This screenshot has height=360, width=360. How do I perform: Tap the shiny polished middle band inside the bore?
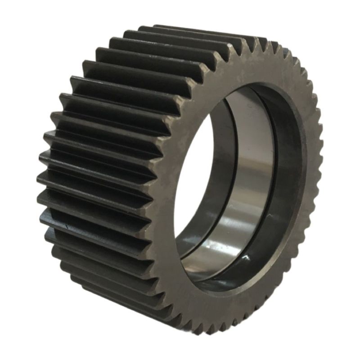[245, 180]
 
